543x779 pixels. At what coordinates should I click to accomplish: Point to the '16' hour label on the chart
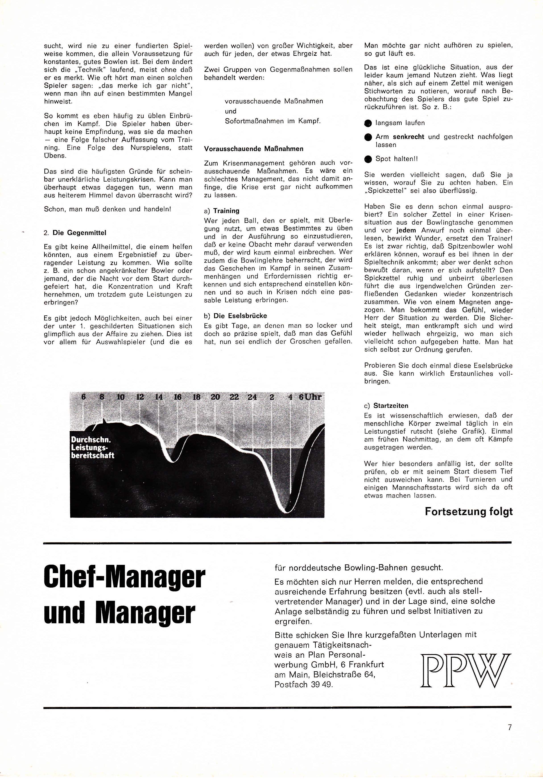[178, 397]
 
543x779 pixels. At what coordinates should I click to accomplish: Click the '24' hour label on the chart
[252, 397]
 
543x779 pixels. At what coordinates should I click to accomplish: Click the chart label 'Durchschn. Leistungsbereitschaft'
[92, 448]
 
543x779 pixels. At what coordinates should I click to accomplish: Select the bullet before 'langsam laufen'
[368, 123]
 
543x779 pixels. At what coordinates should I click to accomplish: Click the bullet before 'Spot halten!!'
[368, 159]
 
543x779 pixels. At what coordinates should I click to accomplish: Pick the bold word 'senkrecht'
[408, 137]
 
